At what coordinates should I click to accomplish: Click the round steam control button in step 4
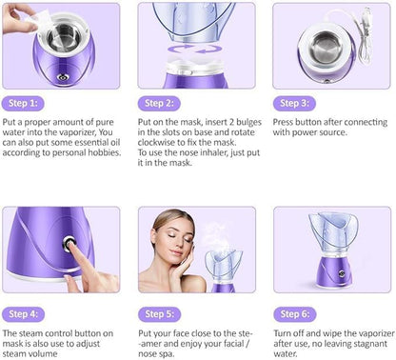tap(70, 244)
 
